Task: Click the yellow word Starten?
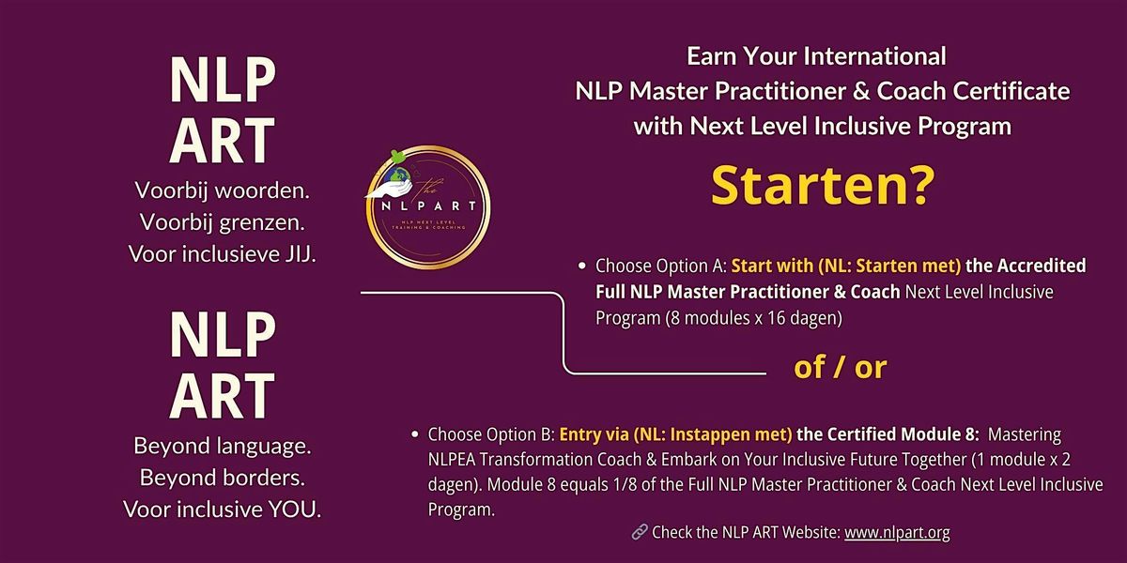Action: point(823,187)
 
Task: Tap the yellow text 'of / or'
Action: point(841,368)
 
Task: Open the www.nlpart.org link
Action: point(897,532)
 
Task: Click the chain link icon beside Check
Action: point(640,531)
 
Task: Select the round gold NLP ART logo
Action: point(428,207)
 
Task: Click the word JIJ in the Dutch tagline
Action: point(301,254)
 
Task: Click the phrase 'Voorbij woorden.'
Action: point(223,190)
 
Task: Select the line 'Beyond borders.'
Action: point(223,478)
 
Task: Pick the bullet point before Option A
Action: point(582,266)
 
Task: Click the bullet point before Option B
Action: point(414,434)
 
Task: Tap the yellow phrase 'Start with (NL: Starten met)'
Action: point(846,266)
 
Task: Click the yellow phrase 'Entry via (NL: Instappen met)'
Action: point(675,434)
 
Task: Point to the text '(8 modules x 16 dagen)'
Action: point(753,318)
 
